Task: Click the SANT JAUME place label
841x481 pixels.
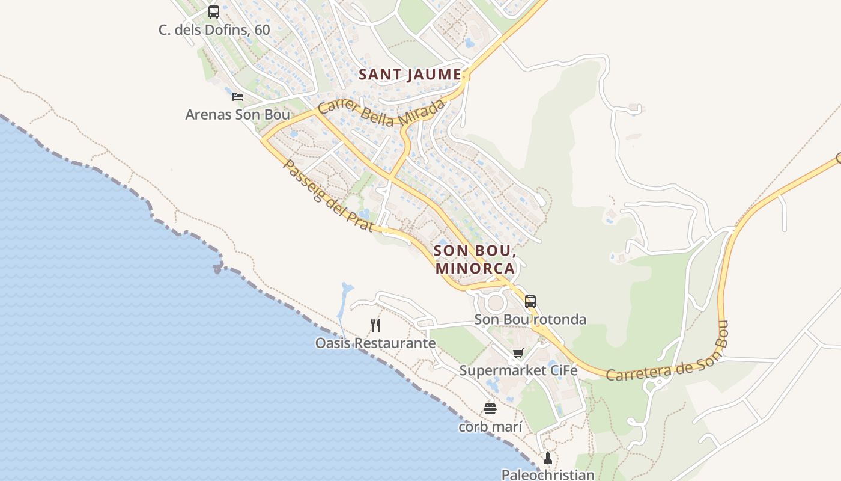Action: click(x=410, y=75)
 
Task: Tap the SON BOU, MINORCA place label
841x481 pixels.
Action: click(x=475, y=259)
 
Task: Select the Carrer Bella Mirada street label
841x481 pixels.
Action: click(x=382, y=113)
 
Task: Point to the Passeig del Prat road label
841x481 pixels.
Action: click(x=328, y=195)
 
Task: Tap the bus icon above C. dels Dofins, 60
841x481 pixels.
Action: click(x=213, y=12)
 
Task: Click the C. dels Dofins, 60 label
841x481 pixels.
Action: click(x=214, y=30)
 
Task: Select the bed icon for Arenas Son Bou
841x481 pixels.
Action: click(x=238, y=96)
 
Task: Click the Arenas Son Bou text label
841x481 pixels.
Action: click(x=237, y=114)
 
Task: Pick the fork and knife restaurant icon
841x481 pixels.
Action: click(x=375, y=325)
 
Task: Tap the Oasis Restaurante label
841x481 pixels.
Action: click(x=375, y=343)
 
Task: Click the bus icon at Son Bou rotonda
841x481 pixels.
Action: click(x=530, y=302)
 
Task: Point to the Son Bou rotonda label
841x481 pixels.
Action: click(x=530, y=319)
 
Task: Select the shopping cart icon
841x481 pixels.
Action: click(x=518, y=353)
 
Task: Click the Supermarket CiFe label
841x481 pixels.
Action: click(x=518, y=370)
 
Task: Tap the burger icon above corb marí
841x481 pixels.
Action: click(x=490, y=409)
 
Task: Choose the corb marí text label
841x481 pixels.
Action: click(x=490, y=427)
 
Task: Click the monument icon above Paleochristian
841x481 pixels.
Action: click(x=547, y=458)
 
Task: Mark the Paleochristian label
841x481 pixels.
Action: click(x=547, y=474)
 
